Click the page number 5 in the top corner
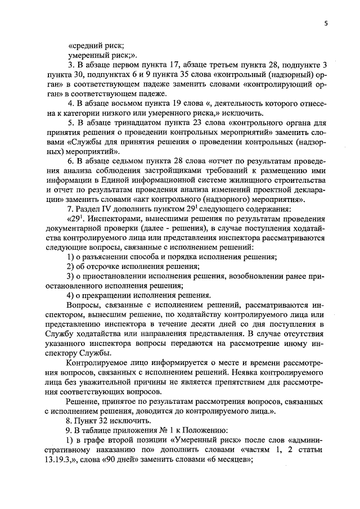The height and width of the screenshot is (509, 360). (326, 23)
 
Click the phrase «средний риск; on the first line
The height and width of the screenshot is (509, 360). (96, 46)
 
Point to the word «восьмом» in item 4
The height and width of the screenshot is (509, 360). (133, 104)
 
